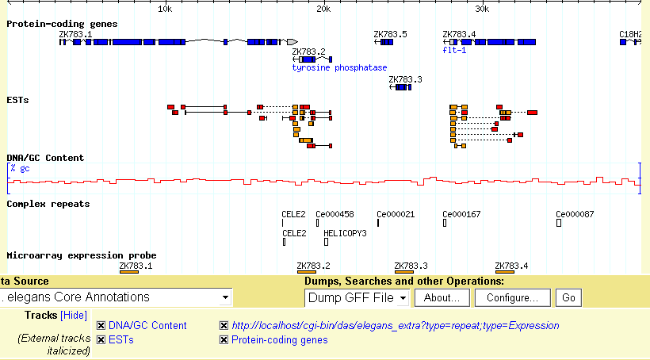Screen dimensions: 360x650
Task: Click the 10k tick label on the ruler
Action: [165, 9]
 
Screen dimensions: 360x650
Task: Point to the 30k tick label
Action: [482, 9]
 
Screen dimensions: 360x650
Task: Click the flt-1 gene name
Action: [454, 50]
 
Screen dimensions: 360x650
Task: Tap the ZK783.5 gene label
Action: [390, 34]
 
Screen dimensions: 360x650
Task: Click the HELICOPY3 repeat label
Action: [345, 233]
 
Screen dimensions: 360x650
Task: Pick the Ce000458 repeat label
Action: [335, 214]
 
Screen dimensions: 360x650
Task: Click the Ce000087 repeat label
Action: [575, 214]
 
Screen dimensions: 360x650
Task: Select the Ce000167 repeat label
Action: [461, 214]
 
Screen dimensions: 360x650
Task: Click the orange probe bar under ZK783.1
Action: [128, 272]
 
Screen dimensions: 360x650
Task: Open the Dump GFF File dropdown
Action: [357, 297]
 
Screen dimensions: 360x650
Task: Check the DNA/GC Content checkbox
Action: [101, 326]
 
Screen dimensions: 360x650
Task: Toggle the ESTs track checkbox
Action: [101, 340]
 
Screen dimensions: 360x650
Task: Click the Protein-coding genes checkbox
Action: [224, 340]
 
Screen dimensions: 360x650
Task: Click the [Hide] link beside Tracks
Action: [74, 316]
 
